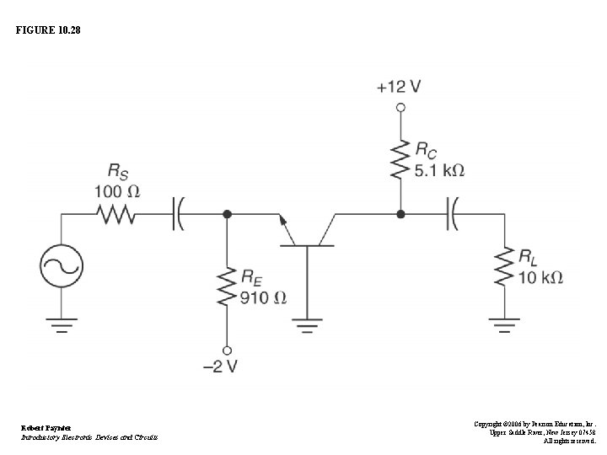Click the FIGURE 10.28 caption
click(x=49, y=31)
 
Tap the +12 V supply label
click(x=400, y=87)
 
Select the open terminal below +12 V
click(x=400, y=108)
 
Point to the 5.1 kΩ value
click(x=439, y=170)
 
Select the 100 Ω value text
click(x=116, y=191)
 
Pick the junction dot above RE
click(x=226, y=215)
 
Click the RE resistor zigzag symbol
click(x=226, y=287)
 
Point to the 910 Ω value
click(x=263, y=297)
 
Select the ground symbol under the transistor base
click(x=307, y=324)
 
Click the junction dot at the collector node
click(x=400, y=215)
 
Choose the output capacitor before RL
click(x=453, y=215)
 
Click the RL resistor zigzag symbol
click(x=503, y=266)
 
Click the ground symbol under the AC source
click(x=62, y=324)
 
